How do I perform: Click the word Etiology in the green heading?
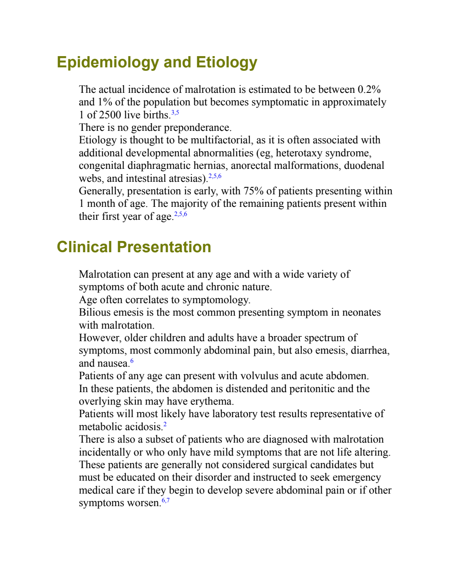point(227,63)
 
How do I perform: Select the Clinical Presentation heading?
point(134,247)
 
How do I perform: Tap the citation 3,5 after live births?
point(175,113)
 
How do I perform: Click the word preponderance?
point(198,128)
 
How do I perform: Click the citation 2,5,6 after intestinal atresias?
point(215,176)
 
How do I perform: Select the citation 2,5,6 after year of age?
point(180,214)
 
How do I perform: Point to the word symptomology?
point(216,300)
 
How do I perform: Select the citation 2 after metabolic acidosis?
point(165,424)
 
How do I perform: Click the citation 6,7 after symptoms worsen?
point(166,501)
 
